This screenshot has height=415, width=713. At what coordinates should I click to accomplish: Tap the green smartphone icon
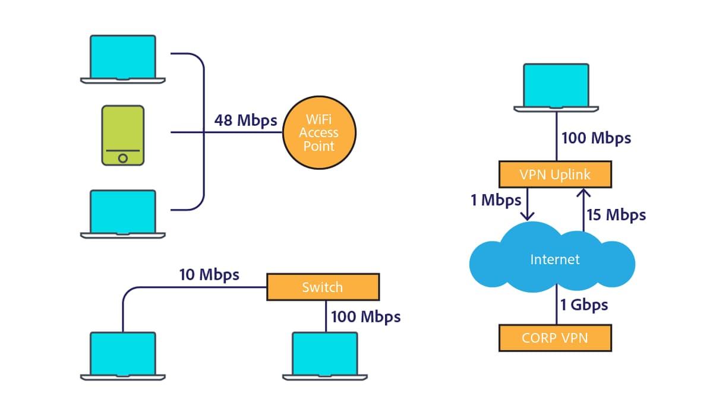(x=122, y=135)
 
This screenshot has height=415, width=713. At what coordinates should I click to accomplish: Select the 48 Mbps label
(x=245, y=121)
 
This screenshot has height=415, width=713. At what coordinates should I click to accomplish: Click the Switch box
(x=323, y=287)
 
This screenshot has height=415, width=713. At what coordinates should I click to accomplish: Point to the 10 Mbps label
(x=209, y=275)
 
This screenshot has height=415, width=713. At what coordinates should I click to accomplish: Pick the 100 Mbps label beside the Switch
(x=365, y=316)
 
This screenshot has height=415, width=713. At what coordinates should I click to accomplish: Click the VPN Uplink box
(x=554, y=175)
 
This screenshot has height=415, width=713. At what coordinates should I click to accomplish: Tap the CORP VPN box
(x=555, y=338)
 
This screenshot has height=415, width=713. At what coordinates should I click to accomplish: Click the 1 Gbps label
(x=584, y=305)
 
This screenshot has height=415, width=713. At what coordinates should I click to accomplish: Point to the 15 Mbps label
(x=616, y=215)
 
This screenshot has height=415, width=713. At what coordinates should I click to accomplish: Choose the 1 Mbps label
(x=496, y=201)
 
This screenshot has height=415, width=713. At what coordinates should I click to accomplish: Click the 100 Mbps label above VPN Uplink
(x=596, y=139)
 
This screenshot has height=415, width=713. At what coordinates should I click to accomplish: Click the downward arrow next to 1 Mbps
(x=527, y=204)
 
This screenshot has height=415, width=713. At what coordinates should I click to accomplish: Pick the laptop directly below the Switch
(x=325, y=355)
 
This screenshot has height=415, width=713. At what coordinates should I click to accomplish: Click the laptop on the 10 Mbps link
(x=122, y=355)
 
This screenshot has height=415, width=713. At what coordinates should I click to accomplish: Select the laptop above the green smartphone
(x=122, y=58)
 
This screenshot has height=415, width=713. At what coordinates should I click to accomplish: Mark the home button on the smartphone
(x=122, y=158)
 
